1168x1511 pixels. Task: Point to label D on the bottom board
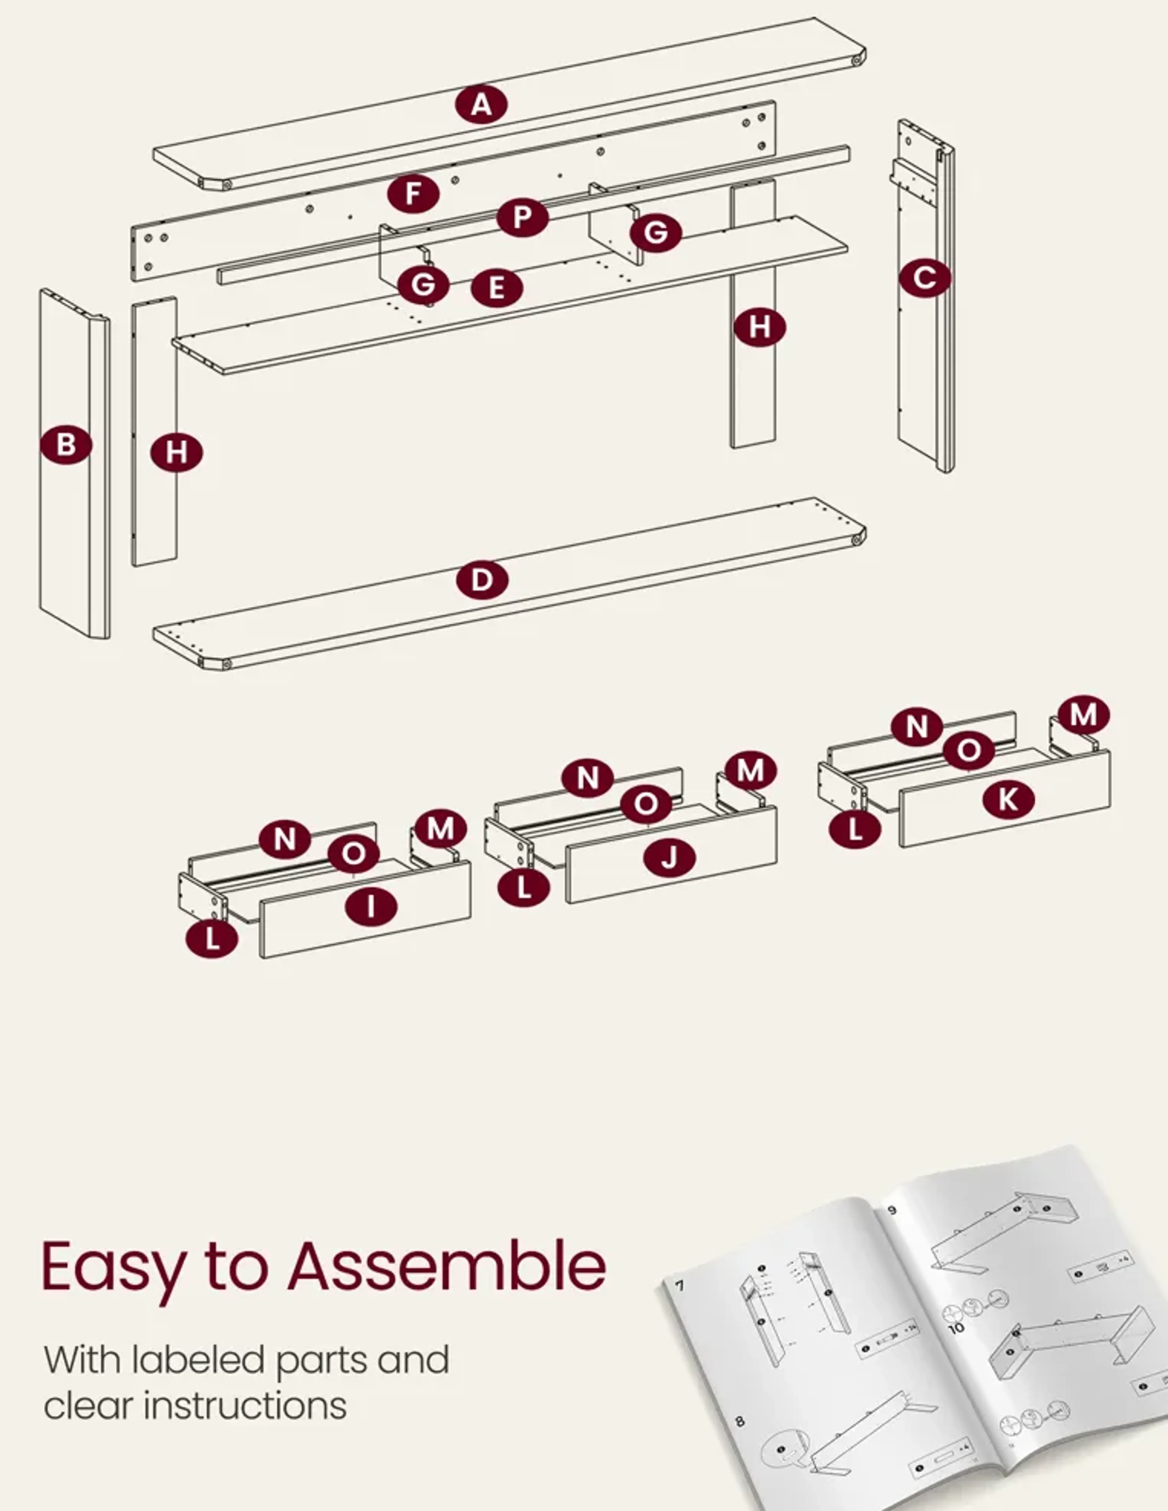pyautogui.click(x=482, y=580)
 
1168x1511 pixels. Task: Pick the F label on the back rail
pyautogui.click(x=413, y=194)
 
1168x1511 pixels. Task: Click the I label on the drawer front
pyautogui.click(x=371, y=906)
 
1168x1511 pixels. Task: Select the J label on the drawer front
pyautogui.click(x=669, y=858)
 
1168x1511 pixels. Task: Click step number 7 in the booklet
pyautogui.click(x=680, y=1286)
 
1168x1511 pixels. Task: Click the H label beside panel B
pyautogui.click(x=176, y=453)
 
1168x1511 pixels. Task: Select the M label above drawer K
pyautogui.click(x=1083, y=715)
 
